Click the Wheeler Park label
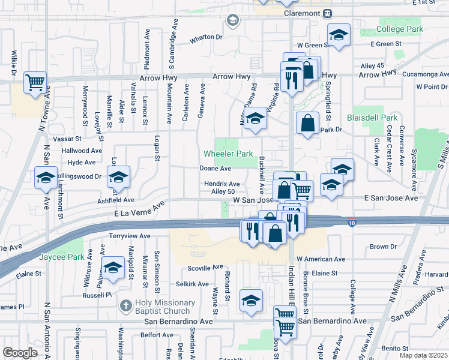click(x=228, y=154)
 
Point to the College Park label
click(x=400, y=29)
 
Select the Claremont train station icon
click(x=327, y=13)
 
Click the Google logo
click(x=20, y=353)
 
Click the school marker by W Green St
click(x=339, y=34)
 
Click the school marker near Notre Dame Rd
click(x=255, y=118)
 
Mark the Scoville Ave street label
click(x=205, y=267)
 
